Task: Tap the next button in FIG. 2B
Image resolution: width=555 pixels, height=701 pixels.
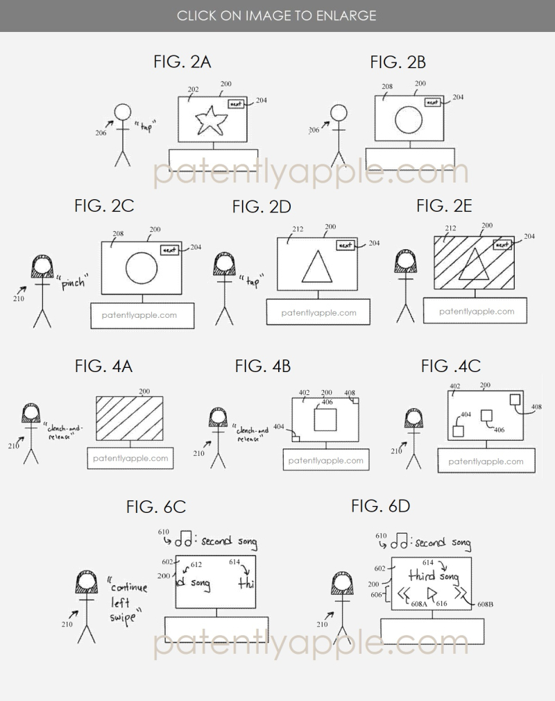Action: (432, 102)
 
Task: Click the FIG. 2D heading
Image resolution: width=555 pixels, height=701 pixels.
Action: (262, 206)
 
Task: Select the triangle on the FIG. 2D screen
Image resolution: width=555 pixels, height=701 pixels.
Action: (316, 267)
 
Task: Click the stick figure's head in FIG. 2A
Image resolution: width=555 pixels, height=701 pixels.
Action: (123, 112)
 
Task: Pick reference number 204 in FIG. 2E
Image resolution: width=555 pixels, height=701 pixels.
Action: (529, 237)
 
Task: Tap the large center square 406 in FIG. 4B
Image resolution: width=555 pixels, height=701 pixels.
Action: (325, 420)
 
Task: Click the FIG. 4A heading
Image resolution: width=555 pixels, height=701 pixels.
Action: (103, 366)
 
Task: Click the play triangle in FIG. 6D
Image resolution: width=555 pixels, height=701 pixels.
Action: (431, 593)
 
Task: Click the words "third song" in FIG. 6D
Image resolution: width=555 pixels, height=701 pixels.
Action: (434, 575)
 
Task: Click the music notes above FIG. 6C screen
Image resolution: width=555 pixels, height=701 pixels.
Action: (183, 543)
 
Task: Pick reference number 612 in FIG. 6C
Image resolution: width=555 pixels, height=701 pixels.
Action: (196, 565)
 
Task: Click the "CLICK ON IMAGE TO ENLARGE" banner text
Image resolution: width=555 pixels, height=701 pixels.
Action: (277, 15)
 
